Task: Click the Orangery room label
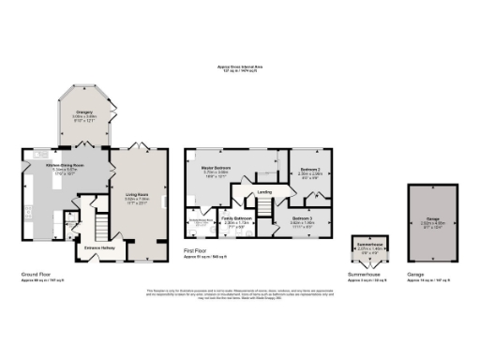point(85,112)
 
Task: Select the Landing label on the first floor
point(264,192)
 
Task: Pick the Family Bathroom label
point(234,219)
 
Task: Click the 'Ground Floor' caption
point(35,275)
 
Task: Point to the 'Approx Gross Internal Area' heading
point(239,67)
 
